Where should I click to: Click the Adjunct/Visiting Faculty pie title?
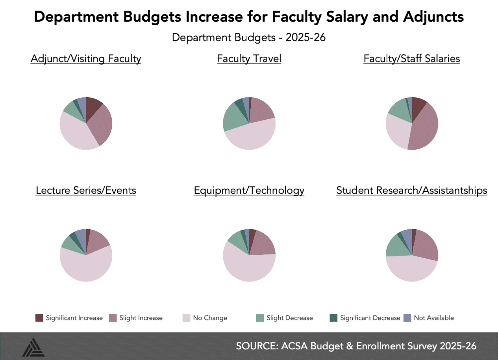(x=86, y=59)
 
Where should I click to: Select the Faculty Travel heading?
(x=249, y=59)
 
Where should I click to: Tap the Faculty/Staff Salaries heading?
(x=411, y=59)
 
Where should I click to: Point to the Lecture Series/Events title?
(x=86, y=190)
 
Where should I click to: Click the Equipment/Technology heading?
(x=249, y=190)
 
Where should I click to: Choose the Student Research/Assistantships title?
(x=411, y=190)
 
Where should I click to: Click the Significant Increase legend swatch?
(x=39, y=318)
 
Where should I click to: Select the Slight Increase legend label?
(x=141, y=318)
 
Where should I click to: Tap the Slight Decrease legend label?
(x=289, y=318)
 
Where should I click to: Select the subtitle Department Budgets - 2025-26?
(x=249, y=38)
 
